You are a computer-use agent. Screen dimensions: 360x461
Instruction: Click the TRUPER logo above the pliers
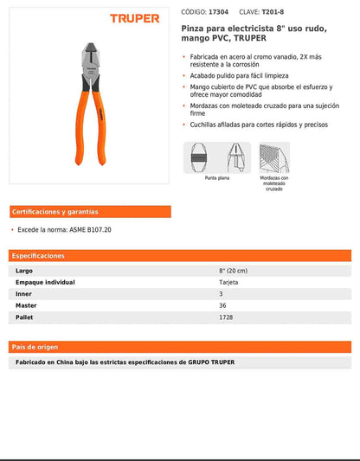[x=134, y=17]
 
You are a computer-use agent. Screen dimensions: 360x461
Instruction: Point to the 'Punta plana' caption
[x=216, y=177]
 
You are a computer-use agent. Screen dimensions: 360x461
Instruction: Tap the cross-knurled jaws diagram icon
[x=274, y=157]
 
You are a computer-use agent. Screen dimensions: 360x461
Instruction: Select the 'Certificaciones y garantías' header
[x=55, y=211]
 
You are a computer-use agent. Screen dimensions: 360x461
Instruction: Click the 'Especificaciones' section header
[x=38, y=256]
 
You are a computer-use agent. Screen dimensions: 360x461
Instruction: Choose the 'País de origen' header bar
[x=35, y=346]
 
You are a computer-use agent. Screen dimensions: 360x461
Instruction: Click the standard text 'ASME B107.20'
[x=89, y=230]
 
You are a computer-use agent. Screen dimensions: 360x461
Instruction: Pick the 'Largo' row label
[x=24, y=271]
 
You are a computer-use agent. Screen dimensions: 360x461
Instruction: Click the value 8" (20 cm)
[x=233, y=271]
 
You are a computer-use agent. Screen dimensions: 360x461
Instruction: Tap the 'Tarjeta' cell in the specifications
[x=228, y=282]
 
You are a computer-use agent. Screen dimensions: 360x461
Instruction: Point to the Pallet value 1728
[x=225, y=317]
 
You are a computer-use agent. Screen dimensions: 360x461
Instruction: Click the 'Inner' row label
[x=24, y=294]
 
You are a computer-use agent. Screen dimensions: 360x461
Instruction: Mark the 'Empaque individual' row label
[x=45, y=282]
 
